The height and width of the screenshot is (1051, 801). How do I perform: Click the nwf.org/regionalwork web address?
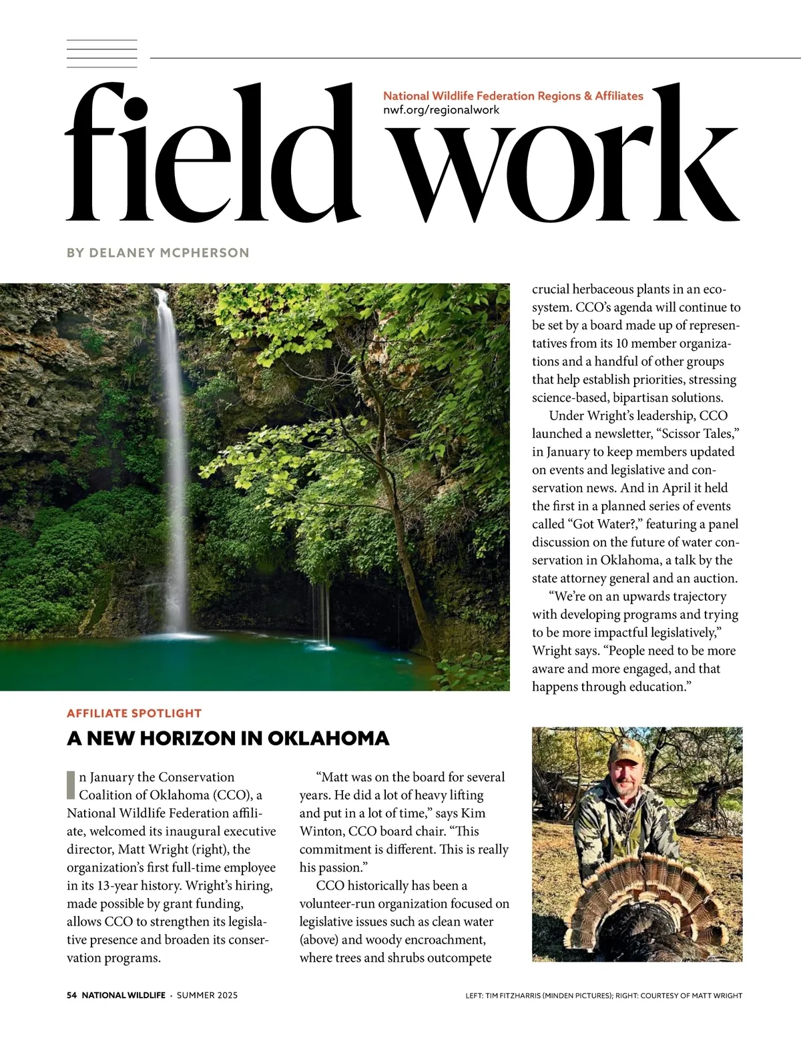[x=441, y=110]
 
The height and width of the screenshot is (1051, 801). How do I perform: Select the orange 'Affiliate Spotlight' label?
[x=134, y=713]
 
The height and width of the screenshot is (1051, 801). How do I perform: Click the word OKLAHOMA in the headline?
[x=328, y=739]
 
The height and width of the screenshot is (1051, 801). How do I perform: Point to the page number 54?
[x=72, y=995]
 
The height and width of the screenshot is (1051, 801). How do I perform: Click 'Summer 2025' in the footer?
[x=207, y=995]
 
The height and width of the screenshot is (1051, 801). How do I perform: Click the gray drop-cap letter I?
[x=71, y=785]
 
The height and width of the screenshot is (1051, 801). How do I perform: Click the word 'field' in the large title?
[x=214, y=157]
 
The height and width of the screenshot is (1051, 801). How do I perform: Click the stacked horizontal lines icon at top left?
[x=101, y=53]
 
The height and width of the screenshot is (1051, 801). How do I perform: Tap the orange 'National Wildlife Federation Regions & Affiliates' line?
[x=513, y=96]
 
